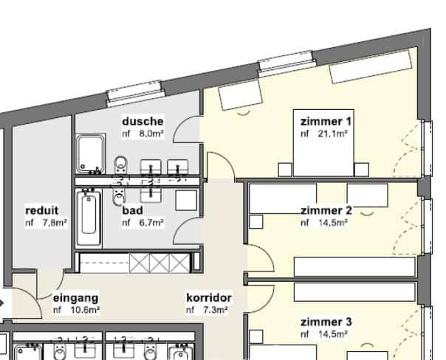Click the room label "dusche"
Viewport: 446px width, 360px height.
tap(143, 122)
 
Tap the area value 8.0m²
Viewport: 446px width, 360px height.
tap(151, 134)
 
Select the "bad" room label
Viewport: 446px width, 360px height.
tap(132, 210)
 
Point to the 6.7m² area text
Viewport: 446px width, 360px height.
tap(151, 222)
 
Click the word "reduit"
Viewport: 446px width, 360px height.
tap(41, 210)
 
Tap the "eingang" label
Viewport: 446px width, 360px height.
tap(75, 298)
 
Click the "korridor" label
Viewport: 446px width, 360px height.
tap(209, 298)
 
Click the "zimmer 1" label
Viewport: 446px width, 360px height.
tap(326, 121)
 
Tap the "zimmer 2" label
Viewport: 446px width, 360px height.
tap(326, 210)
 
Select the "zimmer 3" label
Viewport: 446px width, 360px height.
tap(326, 322)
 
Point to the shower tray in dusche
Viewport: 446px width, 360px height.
tap(92, 153)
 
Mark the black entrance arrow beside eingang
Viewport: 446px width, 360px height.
tap(3, 302)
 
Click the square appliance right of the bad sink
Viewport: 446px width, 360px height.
tap(185, 200)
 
